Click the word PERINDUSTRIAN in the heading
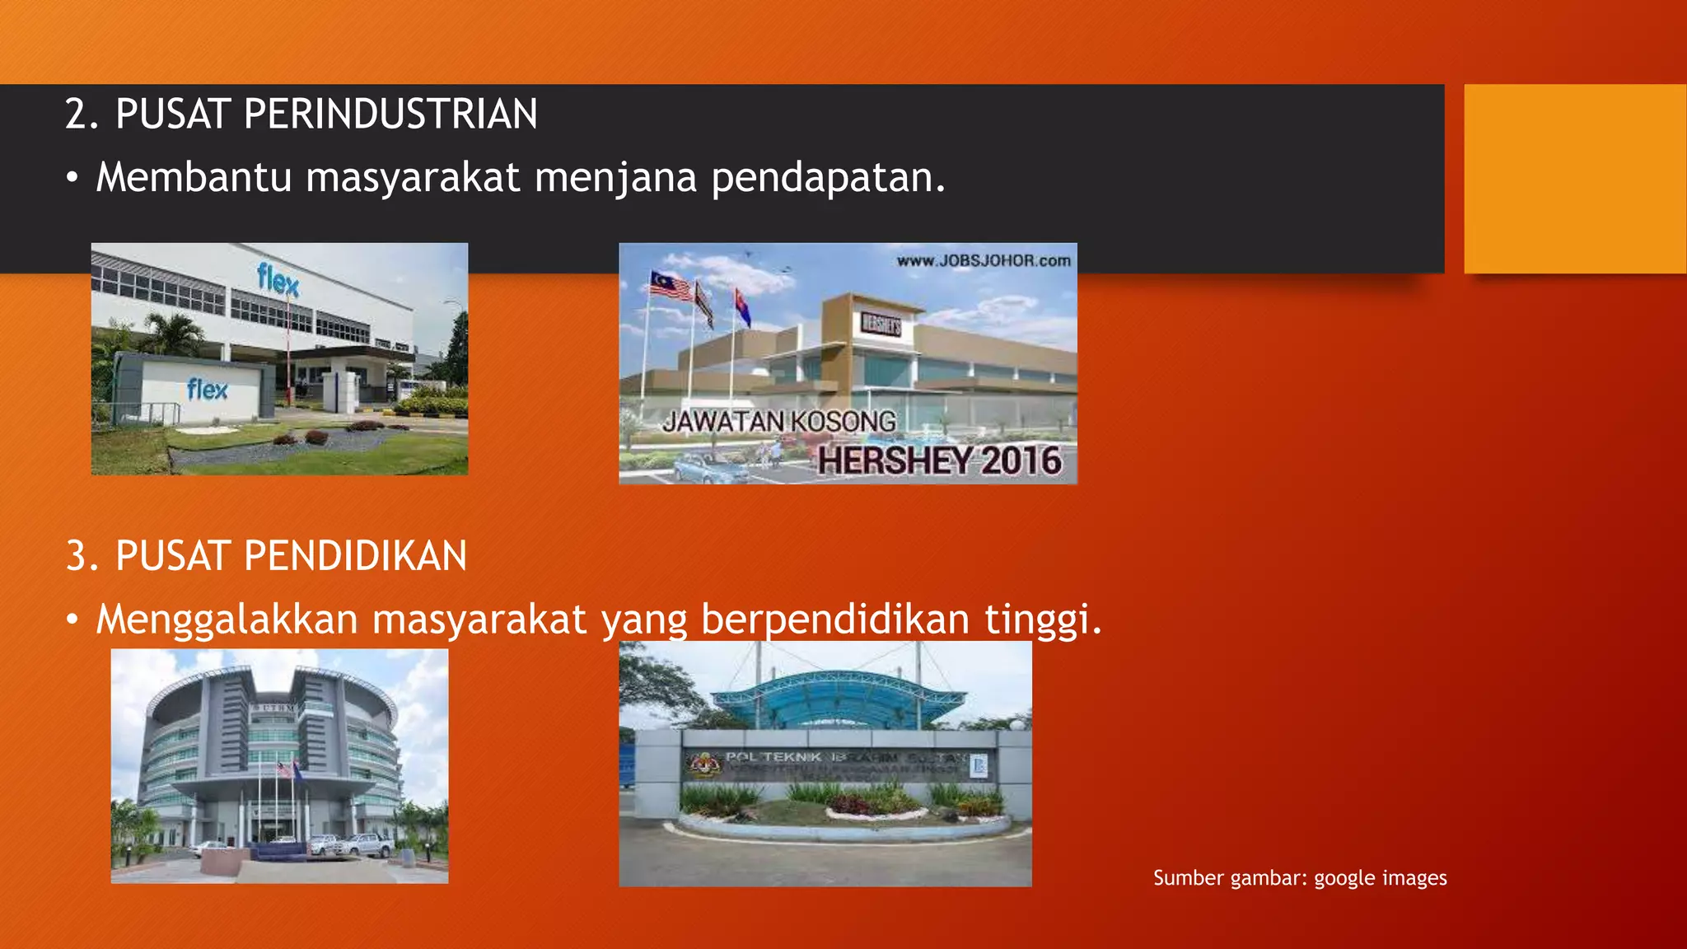click(390, 114)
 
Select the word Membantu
click(194, 177)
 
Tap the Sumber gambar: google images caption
click(1299, 878)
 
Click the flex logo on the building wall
click(278, 280)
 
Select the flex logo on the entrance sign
click(207, 389)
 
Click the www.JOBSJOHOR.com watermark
click(984, 261)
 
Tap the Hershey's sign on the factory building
click(881, 324)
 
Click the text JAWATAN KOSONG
click(779, 422)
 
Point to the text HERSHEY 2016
click(939, 460)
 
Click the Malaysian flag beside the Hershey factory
click(671, 285)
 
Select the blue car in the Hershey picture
click(710, 467)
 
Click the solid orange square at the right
click(1575, 179)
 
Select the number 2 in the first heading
click(76, 114)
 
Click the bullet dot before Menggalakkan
click(73, 619)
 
